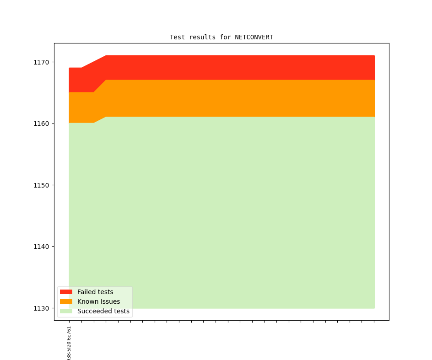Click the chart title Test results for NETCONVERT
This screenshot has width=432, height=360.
(x=221, y=37)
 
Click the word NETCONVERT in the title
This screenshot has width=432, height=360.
(x=254, y=37)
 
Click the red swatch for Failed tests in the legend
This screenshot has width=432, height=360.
(x=66, y=292)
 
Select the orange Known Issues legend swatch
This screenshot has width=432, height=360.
(x=66, y=301)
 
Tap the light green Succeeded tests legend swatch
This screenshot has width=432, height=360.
(x=66, y=311)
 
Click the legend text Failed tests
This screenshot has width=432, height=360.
(x=95, y=292)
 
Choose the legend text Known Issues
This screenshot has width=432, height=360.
(x=98, y=301)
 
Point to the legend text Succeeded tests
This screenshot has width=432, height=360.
(x=103, y=311)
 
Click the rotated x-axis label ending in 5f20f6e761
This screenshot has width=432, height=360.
(x=69, y=343)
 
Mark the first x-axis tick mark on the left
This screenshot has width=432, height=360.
(x=69, y=322)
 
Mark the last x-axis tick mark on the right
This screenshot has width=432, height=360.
(x=374, y=322)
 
